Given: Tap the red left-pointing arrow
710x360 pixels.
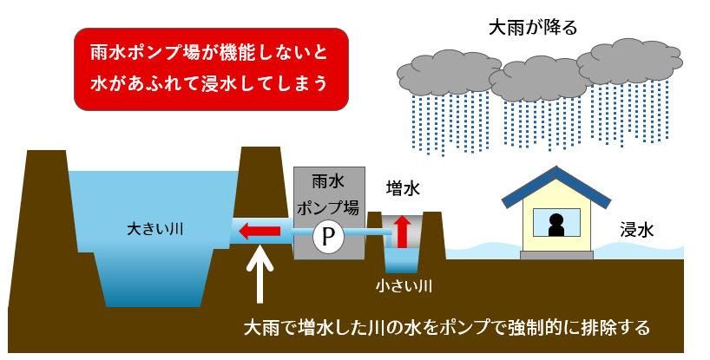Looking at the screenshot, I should tap(260, 231).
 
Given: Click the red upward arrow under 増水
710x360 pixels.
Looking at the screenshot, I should tap(402, 232).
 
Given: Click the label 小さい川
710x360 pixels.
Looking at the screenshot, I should tap(404, 285).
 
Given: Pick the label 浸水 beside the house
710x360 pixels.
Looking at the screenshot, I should tap(636, 230).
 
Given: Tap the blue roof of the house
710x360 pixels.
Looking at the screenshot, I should tap(556, 184).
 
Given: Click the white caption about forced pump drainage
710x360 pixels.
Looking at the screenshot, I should tap(446, 329).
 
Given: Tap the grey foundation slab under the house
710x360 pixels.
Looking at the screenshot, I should tap(556, 255).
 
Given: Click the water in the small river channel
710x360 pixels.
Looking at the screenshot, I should tap(402, 260).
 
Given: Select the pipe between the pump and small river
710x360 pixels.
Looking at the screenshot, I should tap(365, 233).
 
